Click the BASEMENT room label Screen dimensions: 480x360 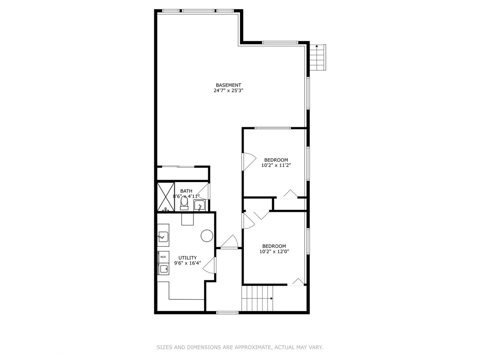click(228, 85)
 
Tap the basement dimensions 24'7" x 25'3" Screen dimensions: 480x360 click(228, 90)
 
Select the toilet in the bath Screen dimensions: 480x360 click(184, 203)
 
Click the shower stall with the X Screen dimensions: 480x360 click(166, 197)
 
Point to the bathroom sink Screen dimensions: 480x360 click(199, 205)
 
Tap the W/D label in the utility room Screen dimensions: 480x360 click(163, 257)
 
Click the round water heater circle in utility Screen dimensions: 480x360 click(207, 236)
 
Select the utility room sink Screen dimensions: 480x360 click(163, 237)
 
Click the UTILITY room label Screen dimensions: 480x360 click(188, 258)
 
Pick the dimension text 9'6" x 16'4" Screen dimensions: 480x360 click(188, 263)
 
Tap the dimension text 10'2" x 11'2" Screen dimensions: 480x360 click(276, 165)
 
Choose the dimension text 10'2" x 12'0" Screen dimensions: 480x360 click(274, 251)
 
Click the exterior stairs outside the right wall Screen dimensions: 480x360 click(318, 57)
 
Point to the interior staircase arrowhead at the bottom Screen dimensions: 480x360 click(272, 298)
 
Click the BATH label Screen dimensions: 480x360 click(186, 191)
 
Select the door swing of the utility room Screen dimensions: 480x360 click(209, 265)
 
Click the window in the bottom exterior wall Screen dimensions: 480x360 click(227, 313)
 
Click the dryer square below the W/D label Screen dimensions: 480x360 click(163, 269)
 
